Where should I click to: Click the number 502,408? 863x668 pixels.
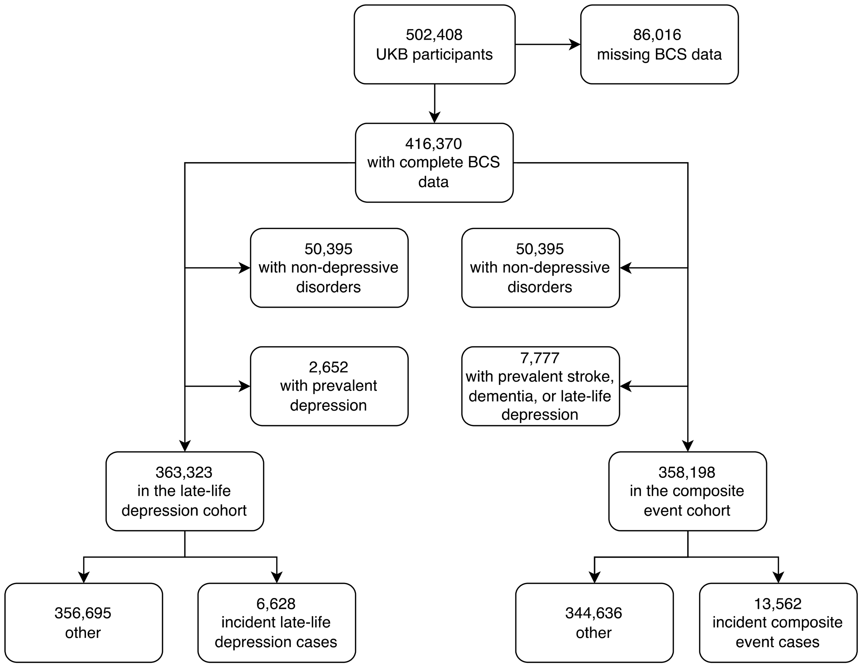(434, 35)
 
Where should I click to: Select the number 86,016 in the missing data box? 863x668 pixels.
(657, 35)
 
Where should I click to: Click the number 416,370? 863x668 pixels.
(434, 144)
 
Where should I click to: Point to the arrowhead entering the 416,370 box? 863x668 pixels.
(435, 117)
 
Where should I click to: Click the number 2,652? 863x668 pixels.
(328, 367)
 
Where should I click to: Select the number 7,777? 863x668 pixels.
(540, 358)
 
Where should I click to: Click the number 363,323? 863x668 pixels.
(184, 472)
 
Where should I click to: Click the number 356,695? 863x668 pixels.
(83, 613)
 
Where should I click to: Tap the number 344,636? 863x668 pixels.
(593, 613)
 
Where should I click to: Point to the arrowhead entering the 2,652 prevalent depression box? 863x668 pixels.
(245, 386)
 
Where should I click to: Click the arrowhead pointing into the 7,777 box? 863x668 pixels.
(626, 386)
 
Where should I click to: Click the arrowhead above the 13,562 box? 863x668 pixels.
(778, 578)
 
